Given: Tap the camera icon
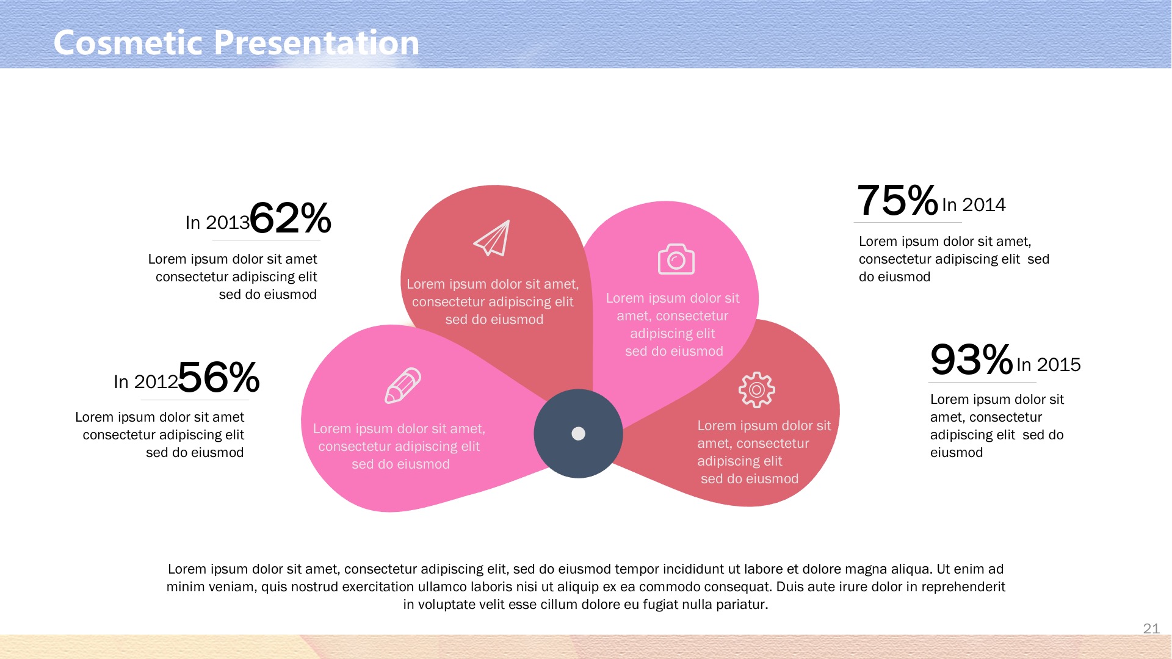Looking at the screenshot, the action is (676, 259).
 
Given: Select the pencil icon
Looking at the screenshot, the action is (403, 386).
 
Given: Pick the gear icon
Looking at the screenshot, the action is (756, 390).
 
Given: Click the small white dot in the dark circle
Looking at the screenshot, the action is (578, 434).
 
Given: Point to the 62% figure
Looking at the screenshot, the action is (291, 218).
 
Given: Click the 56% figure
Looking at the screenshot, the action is (219, 377).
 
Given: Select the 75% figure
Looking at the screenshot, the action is (897, 200).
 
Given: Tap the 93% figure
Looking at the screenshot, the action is (971, 359).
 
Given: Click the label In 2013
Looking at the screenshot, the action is (217, 223).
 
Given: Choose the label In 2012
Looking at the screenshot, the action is (145, 382).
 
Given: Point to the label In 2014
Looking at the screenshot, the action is (974, 205).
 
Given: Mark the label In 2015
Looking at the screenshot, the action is (1048, 365).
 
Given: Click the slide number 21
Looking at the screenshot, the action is (1151, 628).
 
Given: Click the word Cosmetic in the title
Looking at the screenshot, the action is (128, 43).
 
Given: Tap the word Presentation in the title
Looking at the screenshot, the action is (317, 43).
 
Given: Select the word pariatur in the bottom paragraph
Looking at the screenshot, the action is (743, 605).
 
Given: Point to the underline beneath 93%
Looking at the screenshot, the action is (982, 383).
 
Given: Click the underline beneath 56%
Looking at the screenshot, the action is (195, 400).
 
